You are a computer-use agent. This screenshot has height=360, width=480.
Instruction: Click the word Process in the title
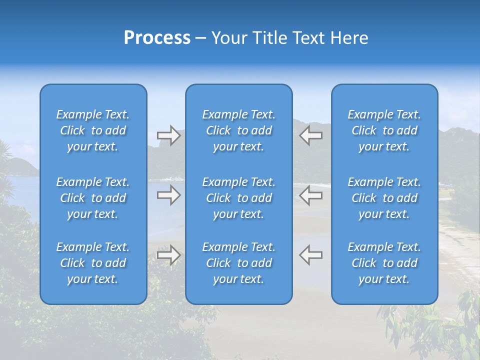(157, 38)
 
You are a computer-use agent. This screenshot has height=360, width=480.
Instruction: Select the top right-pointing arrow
(168, 135)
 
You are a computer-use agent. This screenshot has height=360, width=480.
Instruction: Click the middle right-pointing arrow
(168, 195)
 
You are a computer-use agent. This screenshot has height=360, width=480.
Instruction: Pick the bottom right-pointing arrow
(168, 255)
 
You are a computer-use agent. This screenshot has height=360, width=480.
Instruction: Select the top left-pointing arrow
(310, 135)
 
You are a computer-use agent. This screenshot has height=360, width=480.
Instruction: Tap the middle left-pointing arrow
(310, 195)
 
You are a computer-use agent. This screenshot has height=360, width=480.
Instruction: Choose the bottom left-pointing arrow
(310, 255)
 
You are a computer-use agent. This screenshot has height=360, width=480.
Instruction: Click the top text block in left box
(93, 130)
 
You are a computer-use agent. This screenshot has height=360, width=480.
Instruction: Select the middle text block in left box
(93, 198)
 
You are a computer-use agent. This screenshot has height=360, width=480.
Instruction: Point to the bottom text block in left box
(93, 263)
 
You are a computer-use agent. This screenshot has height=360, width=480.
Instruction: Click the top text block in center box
(238, 130)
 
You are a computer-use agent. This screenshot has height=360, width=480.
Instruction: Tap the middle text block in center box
(238, 198)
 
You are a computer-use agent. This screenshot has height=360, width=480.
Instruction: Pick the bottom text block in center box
(238, 263)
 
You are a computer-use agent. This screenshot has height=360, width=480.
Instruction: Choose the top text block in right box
(384, 130)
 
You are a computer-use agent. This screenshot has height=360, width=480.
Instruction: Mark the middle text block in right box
(384, 198)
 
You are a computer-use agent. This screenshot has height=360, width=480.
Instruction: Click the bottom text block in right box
(384, 263)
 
